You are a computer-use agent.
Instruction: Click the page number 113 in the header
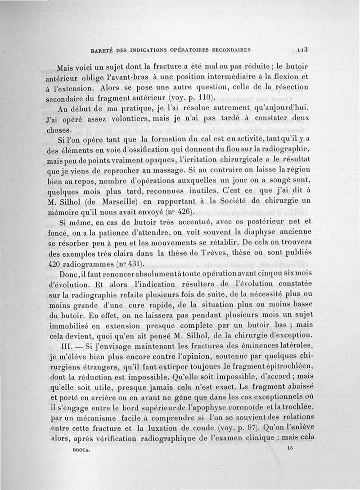[302, 50]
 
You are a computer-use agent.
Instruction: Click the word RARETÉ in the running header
[103, 50]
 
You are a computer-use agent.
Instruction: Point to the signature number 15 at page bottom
[289, 448]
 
